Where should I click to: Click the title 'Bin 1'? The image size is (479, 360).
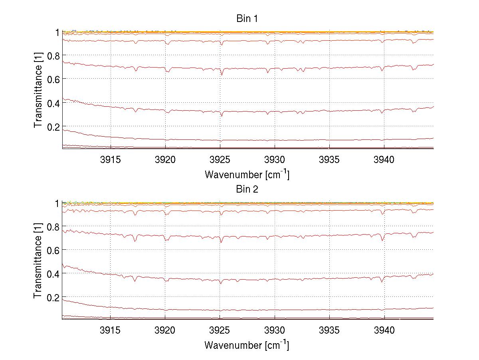[x=247, y=19]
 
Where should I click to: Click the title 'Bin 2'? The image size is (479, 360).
[x=247, y=189]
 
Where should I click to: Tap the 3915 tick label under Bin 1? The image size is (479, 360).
[x=110, y=160]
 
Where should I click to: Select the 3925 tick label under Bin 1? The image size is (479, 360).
[x=220, y=160]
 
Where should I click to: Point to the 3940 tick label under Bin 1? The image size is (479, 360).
[x=384, y=160]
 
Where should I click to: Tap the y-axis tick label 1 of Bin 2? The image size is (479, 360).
[x=57, y=203]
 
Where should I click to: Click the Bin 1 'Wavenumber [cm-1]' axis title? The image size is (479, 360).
[x=247, y=174]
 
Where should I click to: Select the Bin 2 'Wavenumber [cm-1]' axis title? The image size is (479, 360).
[x=247, y=344]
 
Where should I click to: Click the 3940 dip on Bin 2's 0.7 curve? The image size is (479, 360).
[x=383, y=240]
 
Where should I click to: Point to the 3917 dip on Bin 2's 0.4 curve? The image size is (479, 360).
[x=135, y=281]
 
